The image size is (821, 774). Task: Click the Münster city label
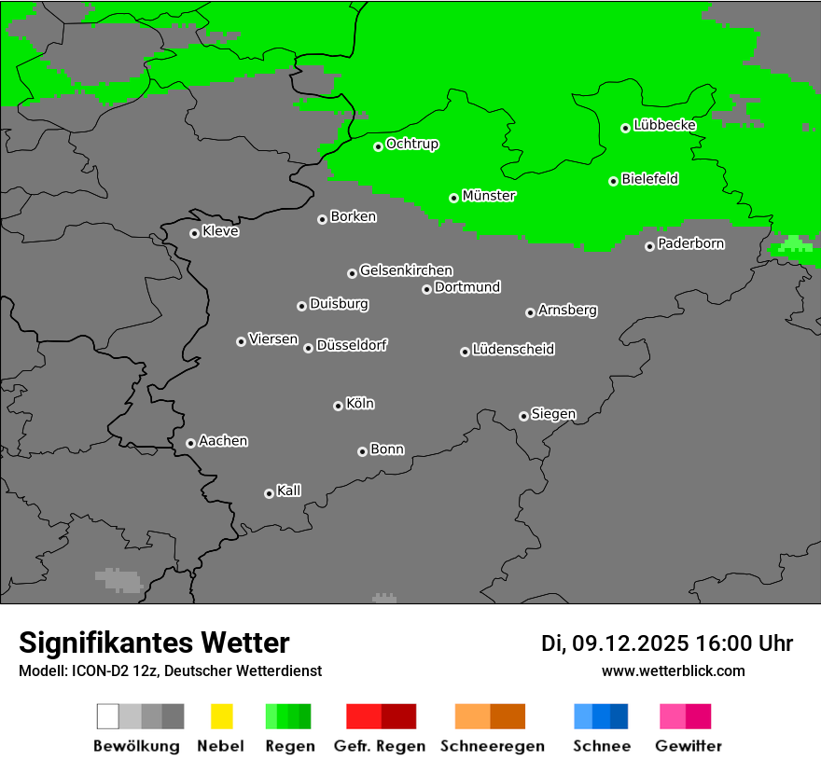489,196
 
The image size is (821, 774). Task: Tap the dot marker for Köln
338,406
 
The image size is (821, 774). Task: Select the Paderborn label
690,243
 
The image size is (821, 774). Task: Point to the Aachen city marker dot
190,443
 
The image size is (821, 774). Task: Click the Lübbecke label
664,125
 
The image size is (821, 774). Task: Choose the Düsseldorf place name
352,345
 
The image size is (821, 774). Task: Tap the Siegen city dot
523,416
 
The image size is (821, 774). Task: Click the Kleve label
220,231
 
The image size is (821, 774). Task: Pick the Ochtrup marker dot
379,146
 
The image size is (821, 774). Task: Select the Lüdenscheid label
513,350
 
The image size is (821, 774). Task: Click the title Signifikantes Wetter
154,643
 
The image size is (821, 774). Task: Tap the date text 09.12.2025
630,643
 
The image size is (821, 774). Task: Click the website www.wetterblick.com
673,670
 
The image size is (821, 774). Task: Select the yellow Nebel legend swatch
221,716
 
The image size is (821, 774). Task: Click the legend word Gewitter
689,746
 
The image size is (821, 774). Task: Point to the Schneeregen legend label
492,746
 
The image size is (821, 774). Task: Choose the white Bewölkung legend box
108,716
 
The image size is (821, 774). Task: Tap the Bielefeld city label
649,179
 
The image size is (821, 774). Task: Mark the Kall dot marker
269,493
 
